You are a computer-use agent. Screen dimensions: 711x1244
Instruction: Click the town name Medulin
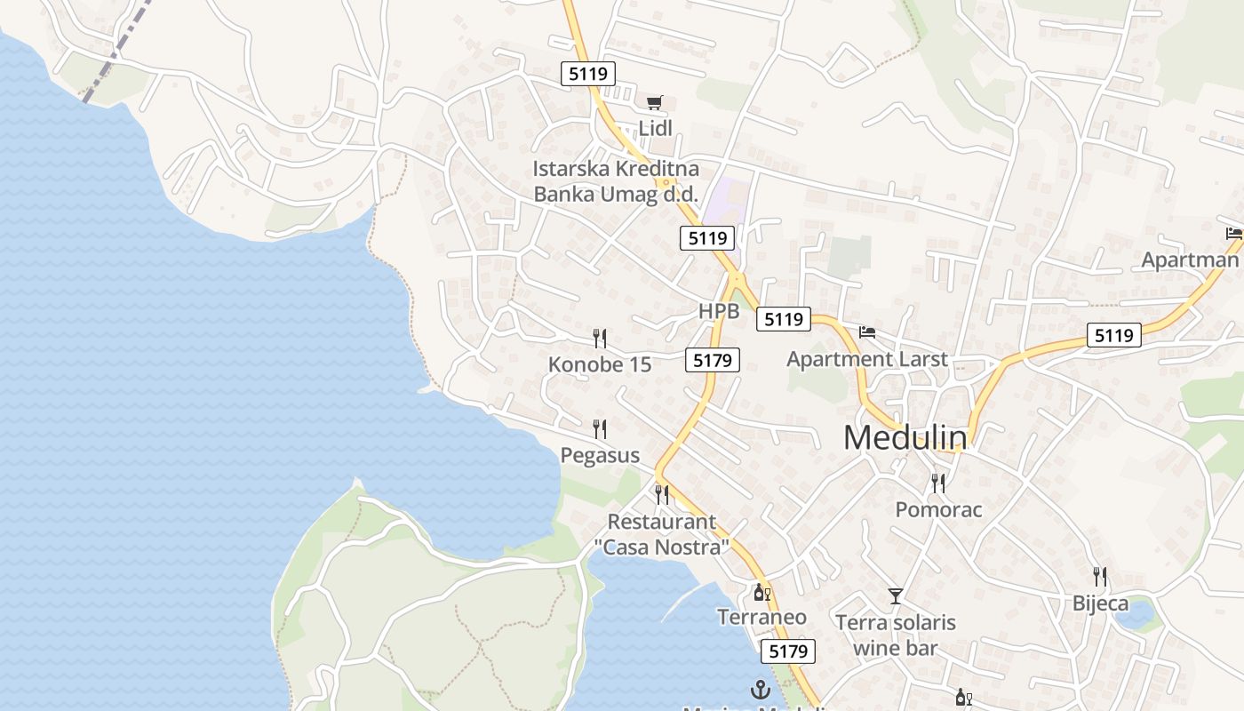pos(905,437)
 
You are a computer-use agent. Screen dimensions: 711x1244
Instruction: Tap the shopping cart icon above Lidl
pos(655,104)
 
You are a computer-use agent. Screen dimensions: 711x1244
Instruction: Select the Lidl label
pos(655,128)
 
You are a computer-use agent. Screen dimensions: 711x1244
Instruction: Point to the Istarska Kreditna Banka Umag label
pos(616,181)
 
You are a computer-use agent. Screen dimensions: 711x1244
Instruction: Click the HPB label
pos(719,312)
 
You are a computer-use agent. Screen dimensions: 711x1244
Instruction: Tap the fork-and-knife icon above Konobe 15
pos(600,338)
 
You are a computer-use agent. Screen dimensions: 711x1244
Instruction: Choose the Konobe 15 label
pos(600,364)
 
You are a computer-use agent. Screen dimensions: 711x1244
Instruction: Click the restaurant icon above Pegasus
pos(600,429)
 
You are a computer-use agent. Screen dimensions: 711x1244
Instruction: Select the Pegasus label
pos(600,456)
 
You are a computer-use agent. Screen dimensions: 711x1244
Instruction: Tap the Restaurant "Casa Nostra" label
pos(662,534)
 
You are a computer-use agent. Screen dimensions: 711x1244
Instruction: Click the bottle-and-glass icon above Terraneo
pos(762,593)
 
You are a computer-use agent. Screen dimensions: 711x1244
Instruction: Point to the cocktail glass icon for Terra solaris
pos(895,596)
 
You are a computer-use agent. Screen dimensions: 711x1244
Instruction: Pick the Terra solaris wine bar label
pos(896,635)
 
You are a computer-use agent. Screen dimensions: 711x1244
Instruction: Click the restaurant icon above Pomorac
pos(938,483)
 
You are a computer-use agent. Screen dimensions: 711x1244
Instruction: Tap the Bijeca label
pos(1100,604)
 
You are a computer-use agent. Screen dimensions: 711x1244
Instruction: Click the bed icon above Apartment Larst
pos(867,333)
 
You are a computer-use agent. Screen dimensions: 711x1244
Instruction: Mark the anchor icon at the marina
pos(760,689)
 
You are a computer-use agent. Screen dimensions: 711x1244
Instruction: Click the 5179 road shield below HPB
pos(713,360)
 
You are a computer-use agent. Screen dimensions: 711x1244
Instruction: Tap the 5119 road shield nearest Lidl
pos(588,74)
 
